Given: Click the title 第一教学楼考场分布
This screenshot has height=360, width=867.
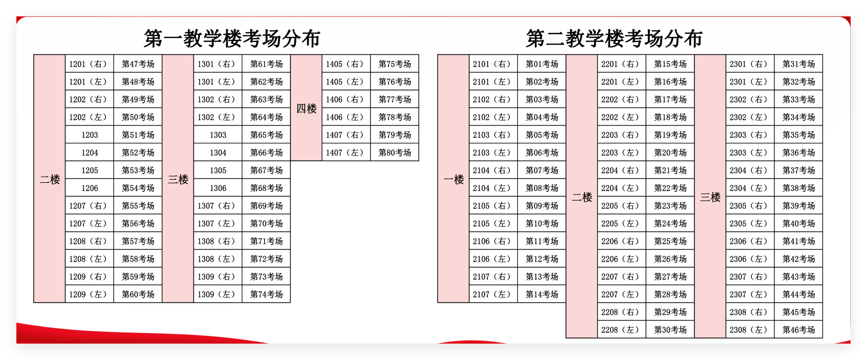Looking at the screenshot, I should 232,38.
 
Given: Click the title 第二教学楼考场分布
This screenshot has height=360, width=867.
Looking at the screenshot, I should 614,38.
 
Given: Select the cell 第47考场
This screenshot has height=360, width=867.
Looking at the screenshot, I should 138,64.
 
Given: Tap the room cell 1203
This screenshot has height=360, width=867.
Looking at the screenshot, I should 90,135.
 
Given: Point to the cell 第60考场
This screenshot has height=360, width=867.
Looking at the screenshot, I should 138,294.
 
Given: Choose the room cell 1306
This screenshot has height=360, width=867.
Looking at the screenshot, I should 218,188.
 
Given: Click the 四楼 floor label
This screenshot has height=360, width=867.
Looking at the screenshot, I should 306,109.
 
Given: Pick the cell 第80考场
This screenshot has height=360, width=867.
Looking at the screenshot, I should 395,153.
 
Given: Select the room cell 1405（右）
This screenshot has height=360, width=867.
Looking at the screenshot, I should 346,64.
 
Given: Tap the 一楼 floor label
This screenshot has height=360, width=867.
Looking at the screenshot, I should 453,179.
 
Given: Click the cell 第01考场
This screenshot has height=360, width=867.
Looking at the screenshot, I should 541,64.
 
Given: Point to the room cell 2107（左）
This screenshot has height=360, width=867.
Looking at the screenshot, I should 493,294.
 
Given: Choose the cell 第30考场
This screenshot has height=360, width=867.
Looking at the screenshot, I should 670,330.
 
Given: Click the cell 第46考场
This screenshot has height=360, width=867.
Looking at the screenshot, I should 798,330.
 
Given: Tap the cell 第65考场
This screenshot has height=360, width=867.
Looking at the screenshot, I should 266,135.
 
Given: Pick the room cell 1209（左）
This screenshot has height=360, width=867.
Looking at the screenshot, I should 89,294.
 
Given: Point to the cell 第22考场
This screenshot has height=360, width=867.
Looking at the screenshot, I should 670,188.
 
